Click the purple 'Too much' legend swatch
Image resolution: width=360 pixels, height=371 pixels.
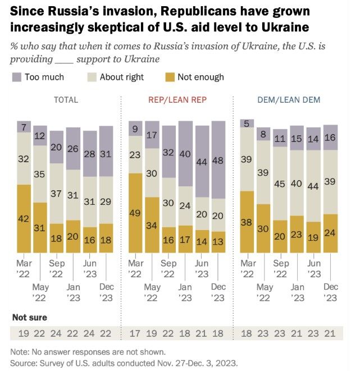pos(17,77)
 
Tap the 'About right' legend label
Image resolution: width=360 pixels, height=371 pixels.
pos(121,77)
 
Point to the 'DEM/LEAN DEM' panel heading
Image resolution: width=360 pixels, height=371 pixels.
pos(290,100)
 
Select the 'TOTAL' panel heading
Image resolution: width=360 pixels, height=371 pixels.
pos(66,100)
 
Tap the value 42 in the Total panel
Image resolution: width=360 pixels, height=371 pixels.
pos(24,219)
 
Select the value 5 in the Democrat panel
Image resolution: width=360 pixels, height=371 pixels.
pos(246,123)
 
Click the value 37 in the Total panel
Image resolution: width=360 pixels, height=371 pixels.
pos(56,193)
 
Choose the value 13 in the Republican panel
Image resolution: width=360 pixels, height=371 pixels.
pos(218,242)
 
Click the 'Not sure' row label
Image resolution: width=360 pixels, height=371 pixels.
pos(30,317)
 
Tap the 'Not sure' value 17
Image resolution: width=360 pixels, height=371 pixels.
pos(134,333)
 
